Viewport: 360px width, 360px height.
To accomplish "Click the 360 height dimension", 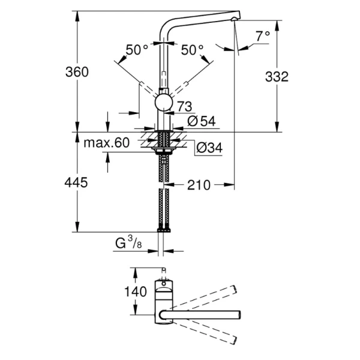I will point(77,72).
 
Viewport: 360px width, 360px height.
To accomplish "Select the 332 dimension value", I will point(277,76).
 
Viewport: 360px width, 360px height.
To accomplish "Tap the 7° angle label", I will point(262,37).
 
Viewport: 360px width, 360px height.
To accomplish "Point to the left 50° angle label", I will point(137,50).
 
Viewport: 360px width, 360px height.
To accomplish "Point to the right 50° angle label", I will point(192,50).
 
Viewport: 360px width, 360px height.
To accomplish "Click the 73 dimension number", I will point(184,107).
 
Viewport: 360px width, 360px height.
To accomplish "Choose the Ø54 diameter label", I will point(201,121).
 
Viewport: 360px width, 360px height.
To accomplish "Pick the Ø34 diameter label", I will point(209,147).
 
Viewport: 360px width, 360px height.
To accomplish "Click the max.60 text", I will point(106,143).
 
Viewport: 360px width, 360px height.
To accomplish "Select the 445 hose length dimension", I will point(76,182).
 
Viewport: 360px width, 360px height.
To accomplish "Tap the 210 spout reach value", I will point(199,185).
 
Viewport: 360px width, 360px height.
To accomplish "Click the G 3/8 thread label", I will point(128,244).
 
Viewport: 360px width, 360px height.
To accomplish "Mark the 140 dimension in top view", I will point(137,292).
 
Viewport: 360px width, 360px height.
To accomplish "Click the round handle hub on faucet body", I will point(164,102).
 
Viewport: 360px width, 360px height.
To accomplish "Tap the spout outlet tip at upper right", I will point(236,19).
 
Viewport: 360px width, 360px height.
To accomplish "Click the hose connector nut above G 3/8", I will point(163,230).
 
